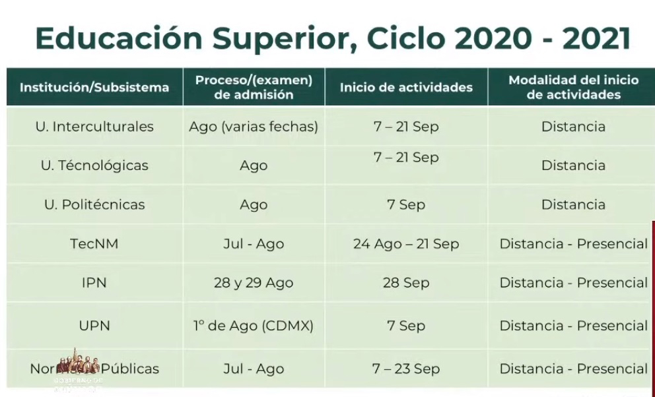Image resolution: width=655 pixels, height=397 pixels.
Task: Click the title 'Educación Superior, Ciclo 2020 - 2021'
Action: [x=333, y=39]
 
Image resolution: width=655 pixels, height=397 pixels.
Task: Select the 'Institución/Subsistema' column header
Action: [x=94, y=87]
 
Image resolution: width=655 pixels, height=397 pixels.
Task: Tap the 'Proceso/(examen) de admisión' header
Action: [x=254, y=87]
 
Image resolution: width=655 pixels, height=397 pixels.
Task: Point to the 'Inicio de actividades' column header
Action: [x=406, y=87]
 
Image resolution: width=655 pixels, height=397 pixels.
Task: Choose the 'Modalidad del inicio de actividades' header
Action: [x=573, y=87]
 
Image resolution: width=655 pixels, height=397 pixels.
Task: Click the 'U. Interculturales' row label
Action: [x=94, y=126]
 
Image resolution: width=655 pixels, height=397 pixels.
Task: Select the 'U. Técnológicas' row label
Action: [x=94, y=165]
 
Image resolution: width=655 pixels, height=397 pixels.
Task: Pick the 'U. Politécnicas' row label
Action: [x=94, y=204]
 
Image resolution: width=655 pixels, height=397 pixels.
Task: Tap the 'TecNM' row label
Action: [x=94, y=243]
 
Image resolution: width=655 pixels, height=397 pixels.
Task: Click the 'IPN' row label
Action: [x=94, y=282]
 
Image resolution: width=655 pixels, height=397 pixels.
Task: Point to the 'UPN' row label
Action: [x=94, y=325]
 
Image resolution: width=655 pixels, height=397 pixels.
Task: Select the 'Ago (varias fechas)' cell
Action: [x=254, y=126]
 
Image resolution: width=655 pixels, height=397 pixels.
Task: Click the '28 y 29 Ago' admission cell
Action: [x=254, y=282]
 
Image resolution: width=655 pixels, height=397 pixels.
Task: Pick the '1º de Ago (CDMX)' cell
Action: [x=254, y=325]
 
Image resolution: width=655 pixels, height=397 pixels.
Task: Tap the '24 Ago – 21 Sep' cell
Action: [x=406, y=243]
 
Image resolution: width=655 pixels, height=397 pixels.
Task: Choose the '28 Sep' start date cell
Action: [x=406, y=282]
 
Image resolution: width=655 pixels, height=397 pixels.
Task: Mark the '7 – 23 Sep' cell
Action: [x=406, y=369]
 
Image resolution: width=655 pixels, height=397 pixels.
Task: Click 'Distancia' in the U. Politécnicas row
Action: [x=573, y=204]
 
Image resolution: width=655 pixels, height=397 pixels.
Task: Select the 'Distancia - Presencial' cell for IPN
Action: [x=573, y=282]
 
